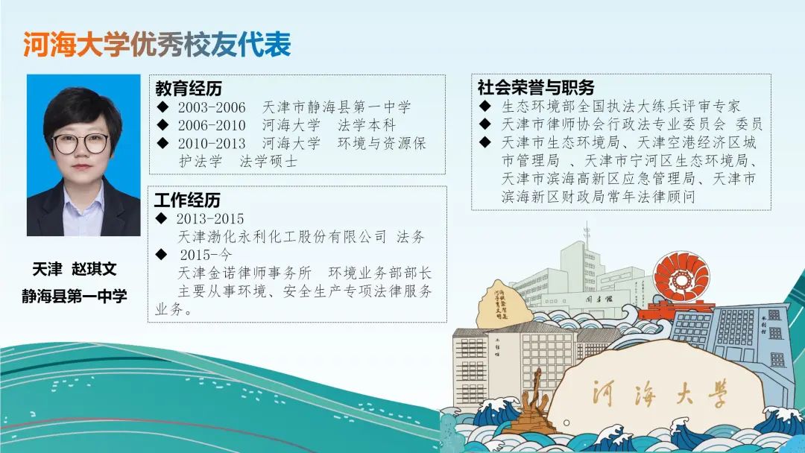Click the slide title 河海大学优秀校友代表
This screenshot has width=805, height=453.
pos(157,45)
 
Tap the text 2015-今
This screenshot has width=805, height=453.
pos(206,255)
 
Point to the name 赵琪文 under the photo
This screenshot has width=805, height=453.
pos(94,269)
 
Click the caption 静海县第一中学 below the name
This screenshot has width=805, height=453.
pos(75,296)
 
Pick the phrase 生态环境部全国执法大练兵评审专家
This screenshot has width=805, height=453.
pos(621,107)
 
